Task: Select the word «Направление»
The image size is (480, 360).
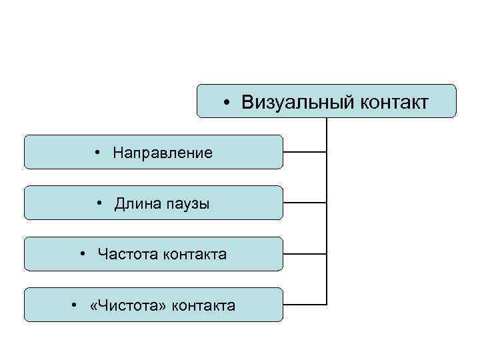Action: [163, 153]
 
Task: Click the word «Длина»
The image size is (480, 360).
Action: [136, 203]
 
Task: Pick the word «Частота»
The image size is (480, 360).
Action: [126, 254]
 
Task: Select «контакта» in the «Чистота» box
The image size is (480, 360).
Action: [203, 305]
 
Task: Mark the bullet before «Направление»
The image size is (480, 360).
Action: [98, 153]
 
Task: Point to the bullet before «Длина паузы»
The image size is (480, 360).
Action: [99, 203]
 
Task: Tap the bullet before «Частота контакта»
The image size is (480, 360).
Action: [82, 254]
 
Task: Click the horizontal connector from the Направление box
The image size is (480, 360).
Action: [305, 152]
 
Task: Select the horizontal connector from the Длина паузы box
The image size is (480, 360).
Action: [305, 203]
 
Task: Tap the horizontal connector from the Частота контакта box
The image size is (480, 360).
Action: [305, 254]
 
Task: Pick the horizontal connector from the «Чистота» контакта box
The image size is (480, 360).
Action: [305, 305]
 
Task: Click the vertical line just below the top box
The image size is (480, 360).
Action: [327, 127]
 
